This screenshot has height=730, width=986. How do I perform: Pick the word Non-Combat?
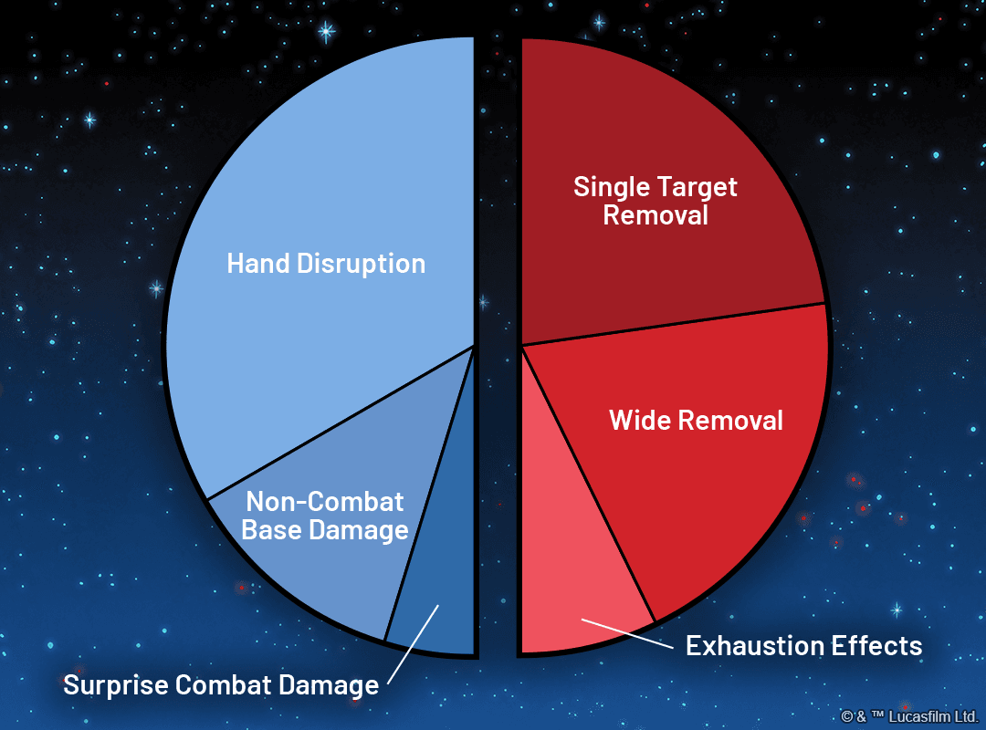click(x=325, y=502)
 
